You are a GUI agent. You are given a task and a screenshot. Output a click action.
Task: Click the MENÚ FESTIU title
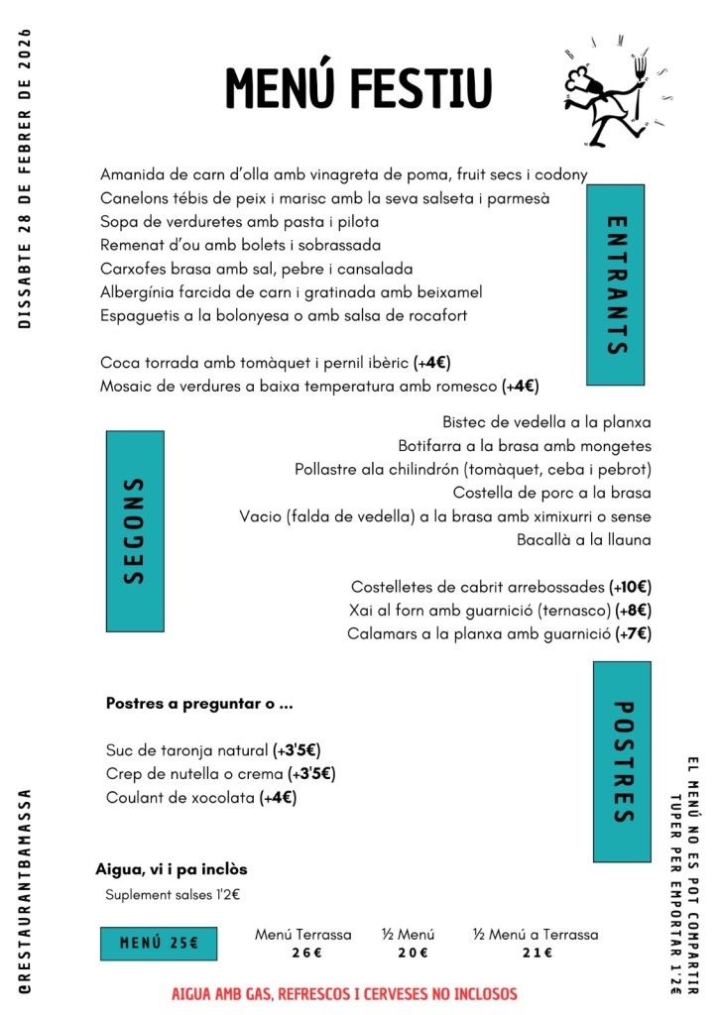pyautogui.click(x=358, y=88)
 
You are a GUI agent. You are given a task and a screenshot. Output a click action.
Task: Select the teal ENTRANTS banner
pyautogui.click(x=615, y=284)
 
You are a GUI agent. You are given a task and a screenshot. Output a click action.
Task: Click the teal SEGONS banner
pyautogui.click(x=135, y=530)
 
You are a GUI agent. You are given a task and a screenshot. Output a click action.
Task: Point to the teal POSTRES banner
pyautogui.click(x=622, y=761)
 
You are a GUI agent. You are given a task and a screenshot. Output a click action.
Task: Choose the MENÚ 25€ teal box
pyautogui.click(x=159, y=943)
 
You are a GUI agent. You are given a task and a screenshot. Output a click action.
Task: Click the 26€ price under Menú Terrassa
pyautogui.click(x=303, y=954)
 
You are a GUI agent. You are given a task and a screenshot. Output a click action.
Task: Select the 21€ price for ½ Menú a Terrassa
pyautogui.click(x=536, y=954)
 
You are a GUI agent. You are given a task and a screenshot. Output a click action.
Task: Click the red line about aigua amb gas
pyautogui.click(x=344, y=993)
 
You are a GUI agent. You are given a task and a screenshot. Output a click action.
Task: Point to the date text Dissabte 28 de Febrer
pyautogui.click(x=26, y=178)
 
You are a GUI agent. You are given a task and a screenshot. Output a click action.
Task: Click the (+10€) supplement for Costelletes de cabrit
pyautogui.click(x=630, y=586)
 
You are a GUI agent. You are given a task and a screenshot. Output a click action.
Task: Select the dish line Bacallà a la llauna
pyautogui.click(x=584, y=539)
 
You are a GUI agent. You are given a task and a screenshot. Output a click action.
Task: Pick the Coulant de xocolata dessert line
pyautogui.click(x=201, y=797)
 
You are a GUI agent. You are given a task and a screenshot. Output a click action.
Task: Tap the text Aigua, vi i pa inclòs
pyautogui.click(x=172, y=869)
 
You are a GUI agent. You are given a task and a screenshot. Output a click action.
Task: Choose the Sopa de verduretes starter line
pyautogui.click(x=240, y=221)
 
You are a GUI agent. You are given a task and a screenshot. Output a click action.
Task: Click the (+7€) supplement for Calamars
pyautogui.click(x=633, y=633)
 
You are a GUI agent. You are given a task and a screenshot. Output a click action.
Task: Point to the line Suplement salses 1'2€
pyautogui.click(x=173, y=895)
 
